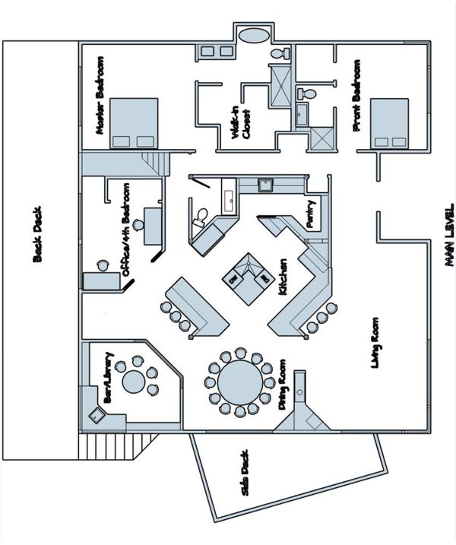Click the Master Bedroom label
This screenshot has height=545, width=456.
(x=100, y=96)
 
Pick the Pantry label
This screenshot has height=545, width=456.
(x=311, y=214)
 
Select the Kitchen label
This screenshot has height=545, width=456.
(x=280, y=278)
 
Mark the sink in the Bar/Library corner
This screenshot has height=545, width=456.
(x=97, y=415)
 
